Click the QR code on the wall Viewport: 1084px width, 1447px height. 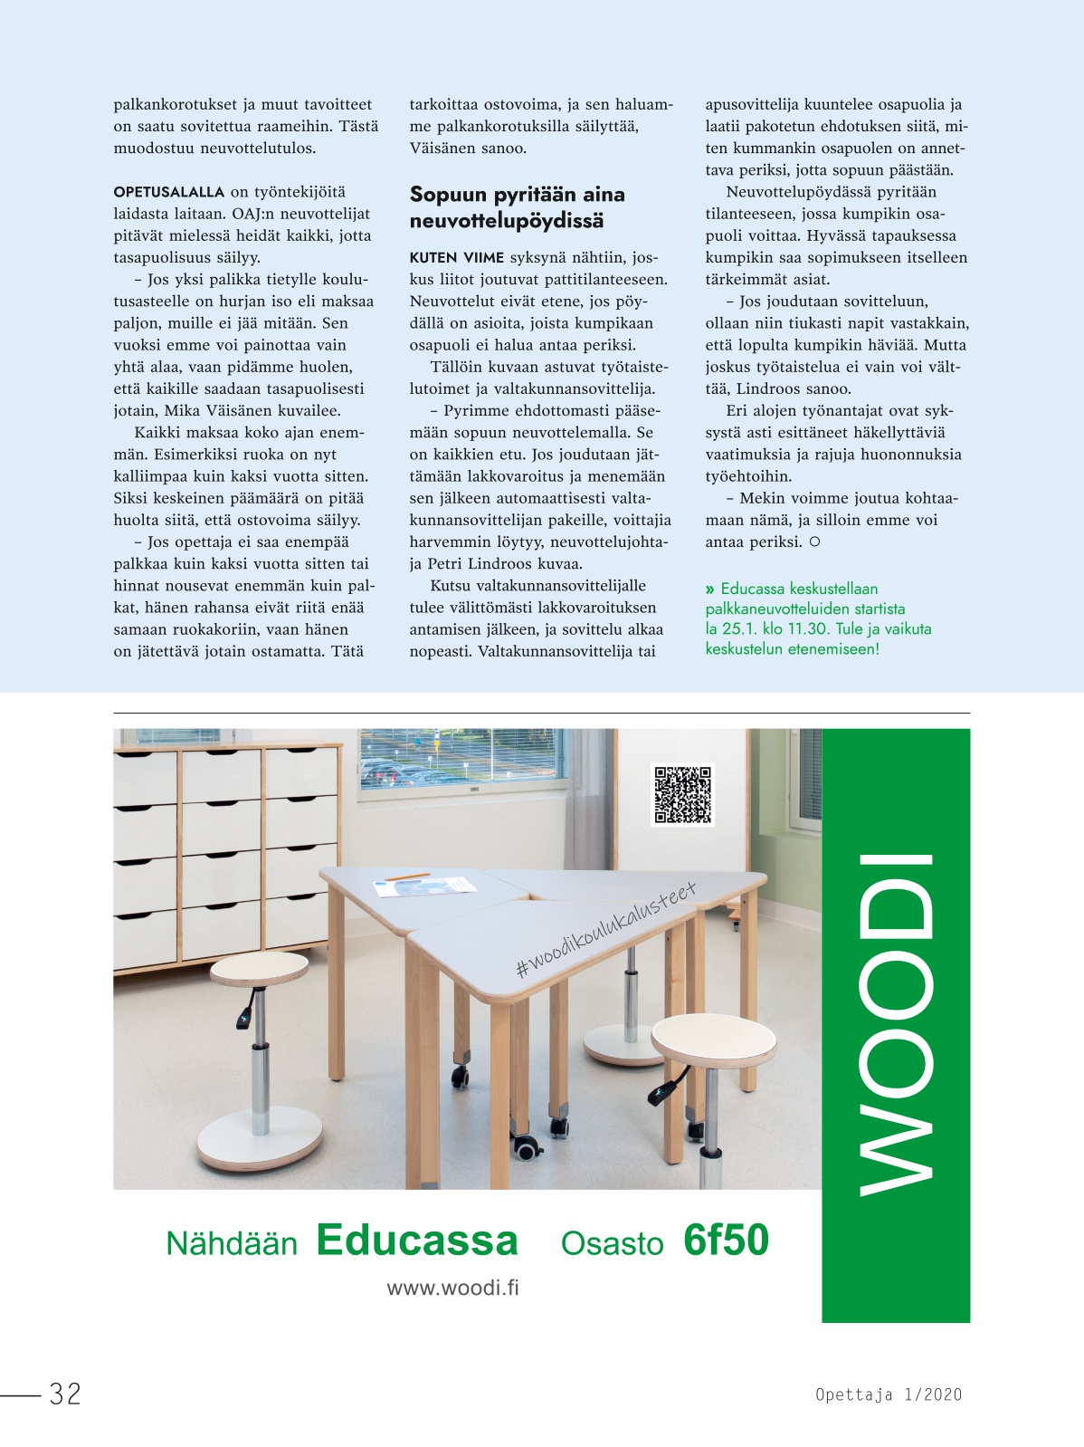[683, 794]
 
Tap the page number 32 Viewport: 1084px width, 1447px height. [65, 1394]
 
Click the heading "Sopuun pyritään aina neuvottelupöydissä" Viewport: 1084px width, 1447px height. [517, 207]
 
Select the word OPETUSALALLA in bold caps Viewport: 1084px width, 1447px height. [169, 192]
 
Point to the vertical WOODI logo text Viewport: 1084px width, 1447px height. [895, 1023]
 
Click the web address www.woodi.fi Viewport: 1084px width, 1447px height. [452, 1288]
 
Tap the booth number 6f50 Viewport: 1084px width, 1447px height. [726, 1241]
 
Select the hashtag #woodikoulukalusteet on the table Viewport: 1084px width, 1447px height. [605, 930]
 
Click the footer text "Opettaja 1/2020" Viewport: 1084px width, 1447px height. [889, 1394]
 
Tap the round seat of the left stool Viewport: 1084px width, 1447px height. [260, 968]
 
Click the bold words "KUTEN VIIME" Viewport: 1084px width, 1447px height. [456, 258]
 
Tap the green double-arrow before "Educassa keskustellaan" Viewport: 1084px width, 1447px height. [710, 589]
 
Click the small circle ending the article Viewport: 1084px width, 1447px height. [814, 542]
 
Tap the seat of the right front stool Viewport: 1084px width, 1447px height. [713, 1038]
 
